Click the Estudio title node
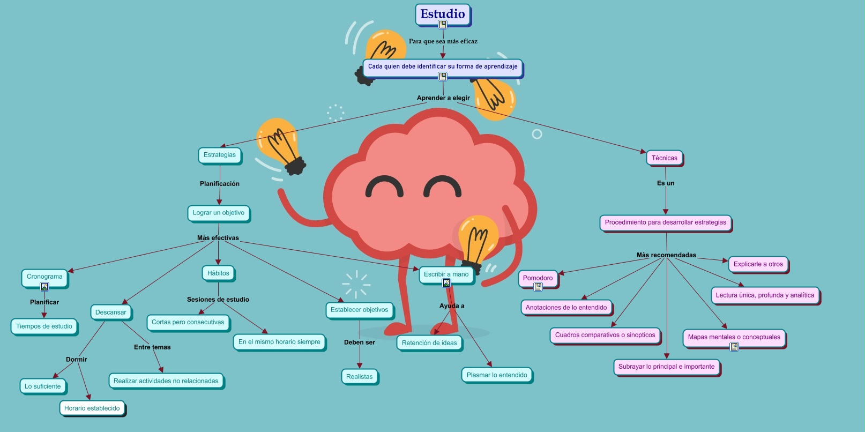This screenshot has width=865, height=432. coord(442,14)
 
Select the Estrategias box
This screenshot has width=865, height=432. coord(220,155)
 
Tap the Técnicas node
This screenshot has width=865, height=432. coord(664,158)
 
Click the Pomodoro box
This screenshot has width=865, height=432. coord(538,278)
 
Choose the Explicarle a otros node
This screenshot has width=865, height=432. coord(758,264)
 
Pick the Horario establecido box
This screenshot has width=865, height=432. coord(92,408)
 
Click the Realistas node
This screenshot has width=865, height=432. coord(359,376)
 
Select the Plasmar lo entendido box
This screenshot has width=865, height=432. coord(497,375)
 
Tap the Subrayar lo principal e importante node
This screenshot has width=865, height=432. coord(666,367)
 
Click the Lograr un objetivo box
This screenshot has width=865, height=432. coord(218,213)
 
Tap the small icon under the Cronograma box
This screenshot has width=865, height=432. coord(44,287)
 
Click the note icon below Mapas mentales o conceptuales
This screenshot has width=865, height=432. coord(734,347)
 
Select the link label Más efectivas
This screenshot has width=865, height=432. coord(218,237)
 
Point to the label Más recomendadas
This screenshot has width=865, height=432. coord(666,255)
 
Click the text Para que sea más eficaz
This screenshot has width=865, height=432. coord(443,41)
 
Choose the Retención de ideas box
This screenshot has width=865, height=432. coord(429,342)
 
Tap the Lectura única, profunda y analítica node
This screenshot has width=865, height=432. coord(765,295)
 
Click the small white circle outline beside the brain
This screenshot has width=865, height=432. coord(536,134)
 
